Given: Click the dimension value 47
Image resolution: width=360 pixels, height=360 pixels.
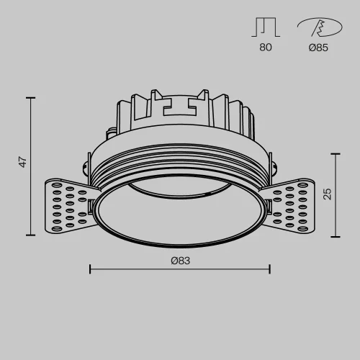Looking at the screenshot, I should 24,163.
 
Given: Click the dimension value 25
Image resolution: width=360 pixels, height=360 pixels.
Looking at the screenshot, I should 328,194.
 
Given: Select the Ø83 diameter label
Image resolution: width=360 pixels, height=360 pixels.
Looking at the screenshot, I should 180,260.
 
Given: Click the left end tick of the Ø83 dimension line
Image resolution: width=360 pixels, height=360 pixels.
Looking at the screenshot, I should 90,269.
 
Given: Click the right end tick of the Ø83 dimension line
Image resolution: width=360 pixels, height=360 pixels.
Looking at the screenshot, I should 270,269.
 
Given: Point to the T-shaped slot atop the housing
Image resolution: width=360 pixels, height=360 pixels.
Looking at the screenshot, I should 180,107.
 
